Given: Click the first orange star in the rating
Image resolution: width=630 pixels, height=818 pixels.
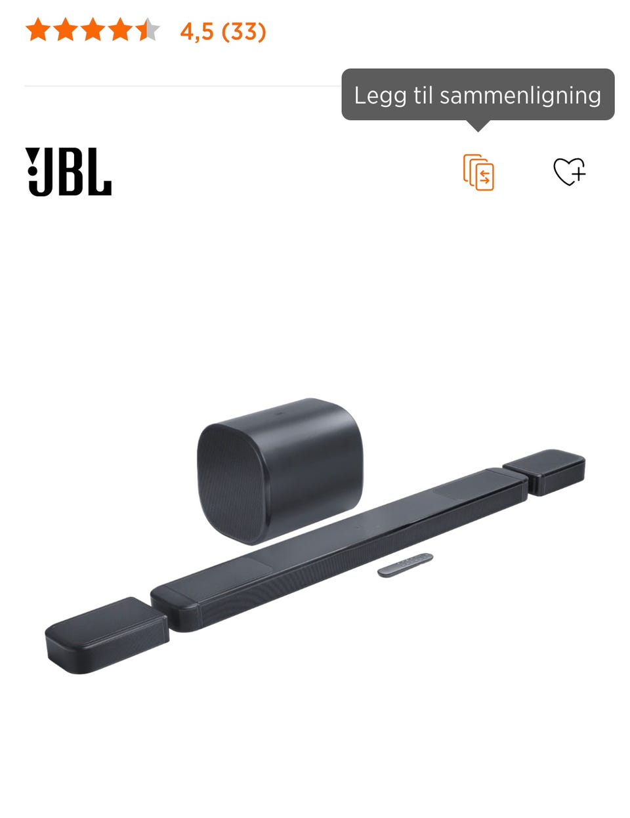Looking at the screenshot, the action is tap(38, 30).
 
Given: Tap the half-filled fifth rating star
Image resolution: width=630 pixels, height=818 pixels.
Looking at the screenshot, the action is tap(147, 30).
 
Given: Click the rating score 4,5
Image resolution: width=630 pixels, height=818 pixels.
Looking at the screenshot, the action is tap(197, 31).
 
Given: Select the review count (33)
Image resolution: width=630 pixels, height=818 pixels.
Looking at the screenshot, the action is tap(243, 31).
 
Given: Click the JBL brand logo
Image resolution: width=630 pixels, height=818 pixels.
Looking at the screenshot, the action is tap(68, 171).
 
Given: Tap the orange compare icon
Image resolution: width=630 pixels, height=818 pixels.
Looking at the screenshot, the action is tap(478, 172).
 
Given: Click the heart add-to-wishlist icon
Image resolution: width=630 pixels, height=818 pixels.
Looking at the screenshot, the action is tap(569, 172).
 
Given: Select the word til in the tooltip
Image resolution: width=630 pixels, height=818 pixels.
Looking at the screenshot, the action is tap(423, 95).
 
